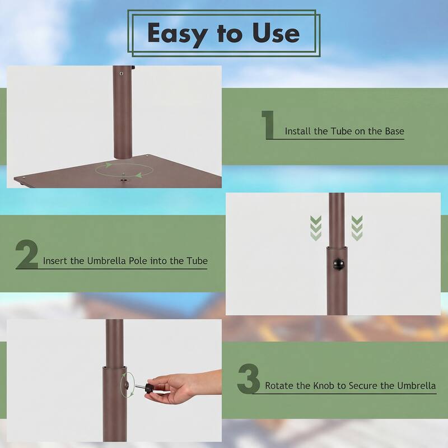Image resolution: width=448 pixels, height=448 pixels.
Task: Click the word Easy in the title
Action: (177, 34)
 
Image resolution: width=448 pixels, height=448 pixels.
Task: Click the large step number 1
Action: (268, 124)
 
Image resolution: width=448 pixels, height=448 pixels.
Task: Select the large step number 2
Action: (27, 254)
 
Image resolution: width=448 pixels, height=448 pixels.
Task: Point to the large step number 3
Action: (249, 379)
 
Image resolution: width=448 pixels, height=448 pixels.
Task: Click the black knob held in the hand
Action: (150, 388)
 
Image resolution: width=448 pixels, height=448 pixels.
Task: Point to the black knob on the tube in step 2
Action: (339, 264)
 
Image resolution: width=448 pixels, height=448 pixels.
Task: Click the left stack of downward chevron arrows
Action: (316, 228)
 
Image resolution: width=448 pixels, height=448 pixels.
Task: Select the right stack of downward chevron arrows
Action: (357, 228)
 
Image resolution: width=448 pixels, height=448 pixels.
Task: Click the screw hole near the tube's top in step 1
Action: (121, 73)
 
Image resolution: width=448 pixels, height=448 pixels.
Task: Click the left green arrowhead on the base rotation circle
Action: (108, 165)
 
